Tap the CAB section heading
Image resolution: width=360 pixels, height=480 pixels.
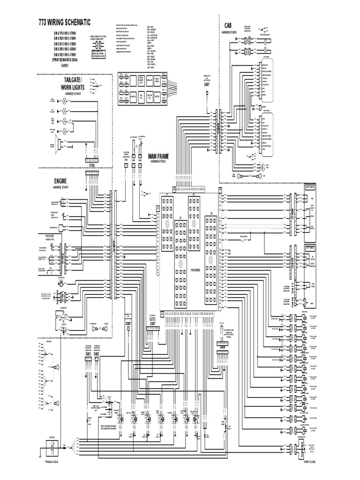click(x=228, y=25)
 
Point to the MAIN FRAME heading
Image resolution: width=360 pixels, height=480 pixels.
click(x=159, y=156)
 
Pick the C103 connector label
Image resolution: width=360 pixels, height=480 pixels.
click(x=92, y=165)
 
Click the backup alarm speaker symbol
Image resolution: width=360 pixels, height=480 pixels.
click(x=60, y=143)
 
